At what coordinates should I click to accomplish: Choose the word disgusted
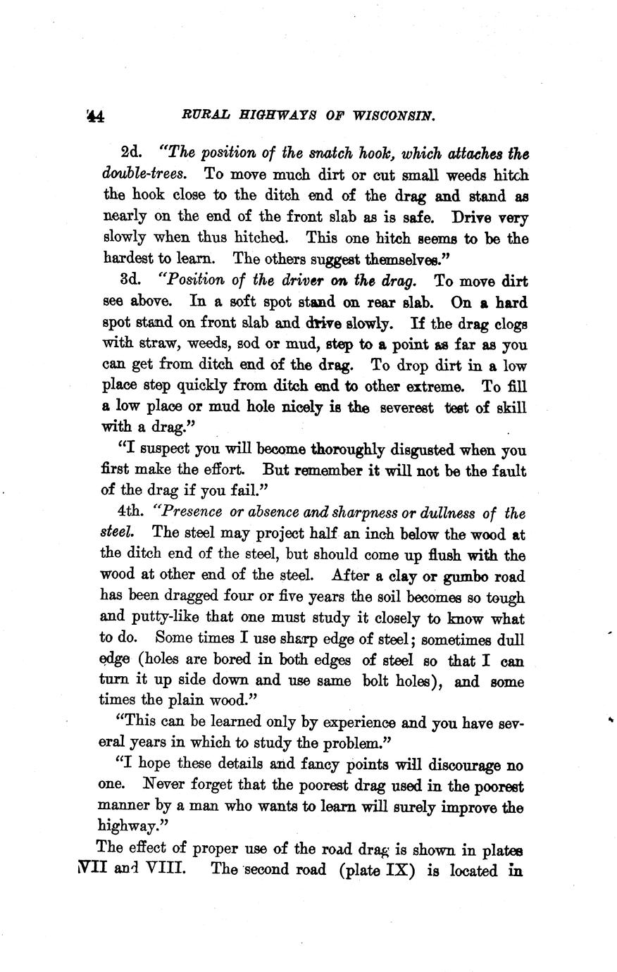(423, 450)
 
